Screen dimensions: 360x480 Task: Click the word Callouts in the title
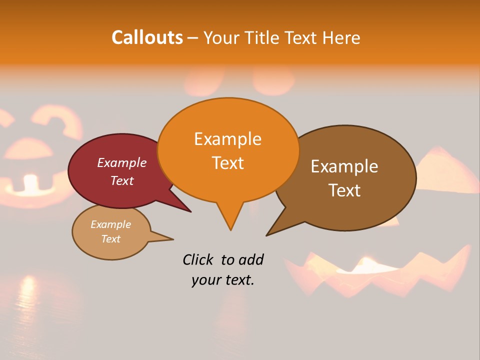click(x=147, y=37)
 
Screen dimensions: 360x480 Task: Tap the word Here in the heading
click(x=341, y=37)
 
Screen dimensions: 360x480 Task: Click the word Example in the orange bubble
click(x=227, y=139)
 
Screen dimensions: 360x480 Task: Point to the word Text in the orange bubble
click(x=227, y=163)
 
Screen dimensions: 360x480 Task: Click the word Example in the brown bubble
click(x=344, y=166)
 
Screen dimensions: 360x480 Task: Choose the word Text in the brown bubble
click(x=344, y=190)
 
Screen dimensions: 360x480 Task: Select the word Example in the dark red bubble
click(x=122, y=163)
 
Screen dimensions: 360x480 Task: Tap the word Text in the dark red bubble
click(x=122, y=180)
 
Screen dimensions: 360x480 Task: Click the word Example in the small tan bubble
click(x=110, y=224)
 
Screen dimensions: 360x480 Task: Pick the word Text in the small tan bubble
click(x=110, y=239)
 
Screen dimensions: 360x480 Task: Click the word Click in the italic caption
click(x=198, y=259)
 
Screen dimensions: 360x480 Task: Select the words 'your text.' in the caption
click(x=223, y=280)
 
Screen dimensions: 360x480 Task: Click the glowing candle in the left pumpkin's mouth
click(x=31, y=183)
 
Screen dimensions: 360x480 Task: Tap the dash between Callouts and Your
click(x=193, y=38)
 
